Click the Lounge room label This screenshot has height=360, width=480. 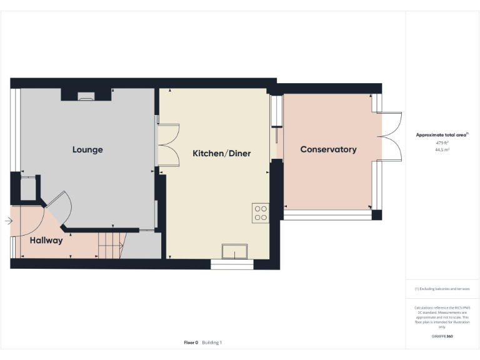(87, 149)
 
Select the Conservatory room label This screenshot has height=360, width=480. (328, 149)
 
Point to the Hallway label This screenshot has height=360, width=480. (46, 240)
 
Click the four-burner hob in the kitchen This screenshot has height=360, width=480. (261, 213)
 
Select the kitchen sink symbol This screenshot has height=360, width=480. (234, 251)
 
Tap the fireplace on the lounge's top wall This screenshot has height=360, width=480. (86, 96)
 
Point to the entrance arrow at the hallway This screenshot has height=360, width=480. (7, 221)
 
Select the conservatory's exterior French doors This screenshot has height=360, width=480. (390, 137)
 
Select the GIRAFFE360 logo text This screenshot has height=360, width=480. (442, 336)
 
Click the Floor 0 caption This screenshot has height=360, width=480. (191, 342)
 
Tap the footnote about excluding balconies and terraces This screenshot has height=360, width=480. (442, 289)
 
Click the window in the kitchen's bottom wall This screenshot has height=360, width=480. (232, 265)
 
